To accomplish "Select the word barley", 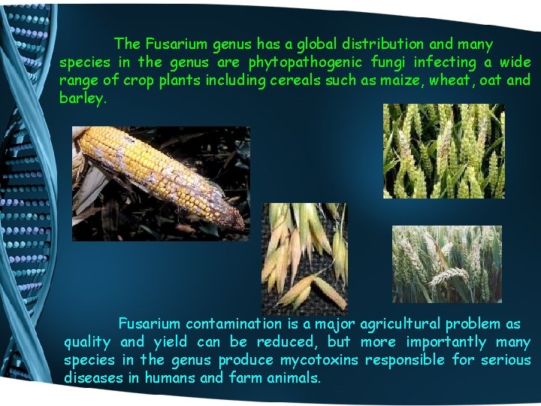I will coord(83,98).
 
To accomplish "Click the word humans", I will coord(169,378).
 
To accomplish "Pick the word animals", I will coord(294,378).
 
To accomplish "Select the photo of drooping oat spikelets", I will coord(304,258).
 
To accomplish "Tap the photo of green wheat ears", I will coord(443,151).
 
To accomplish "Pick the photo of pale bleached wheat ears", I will coord(446,263).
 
